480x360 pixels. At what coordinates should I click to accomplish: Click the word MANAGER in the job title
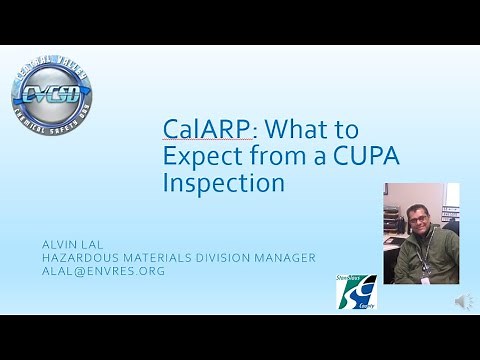[290, 258]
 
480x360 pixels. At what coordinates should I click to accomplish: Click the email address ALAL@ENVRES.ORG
[103, 271]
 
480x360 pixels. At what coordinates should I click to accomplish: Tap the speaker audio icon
[463, 301]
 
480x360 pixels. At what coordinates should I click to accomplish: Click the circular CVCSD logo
[53, 97]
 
